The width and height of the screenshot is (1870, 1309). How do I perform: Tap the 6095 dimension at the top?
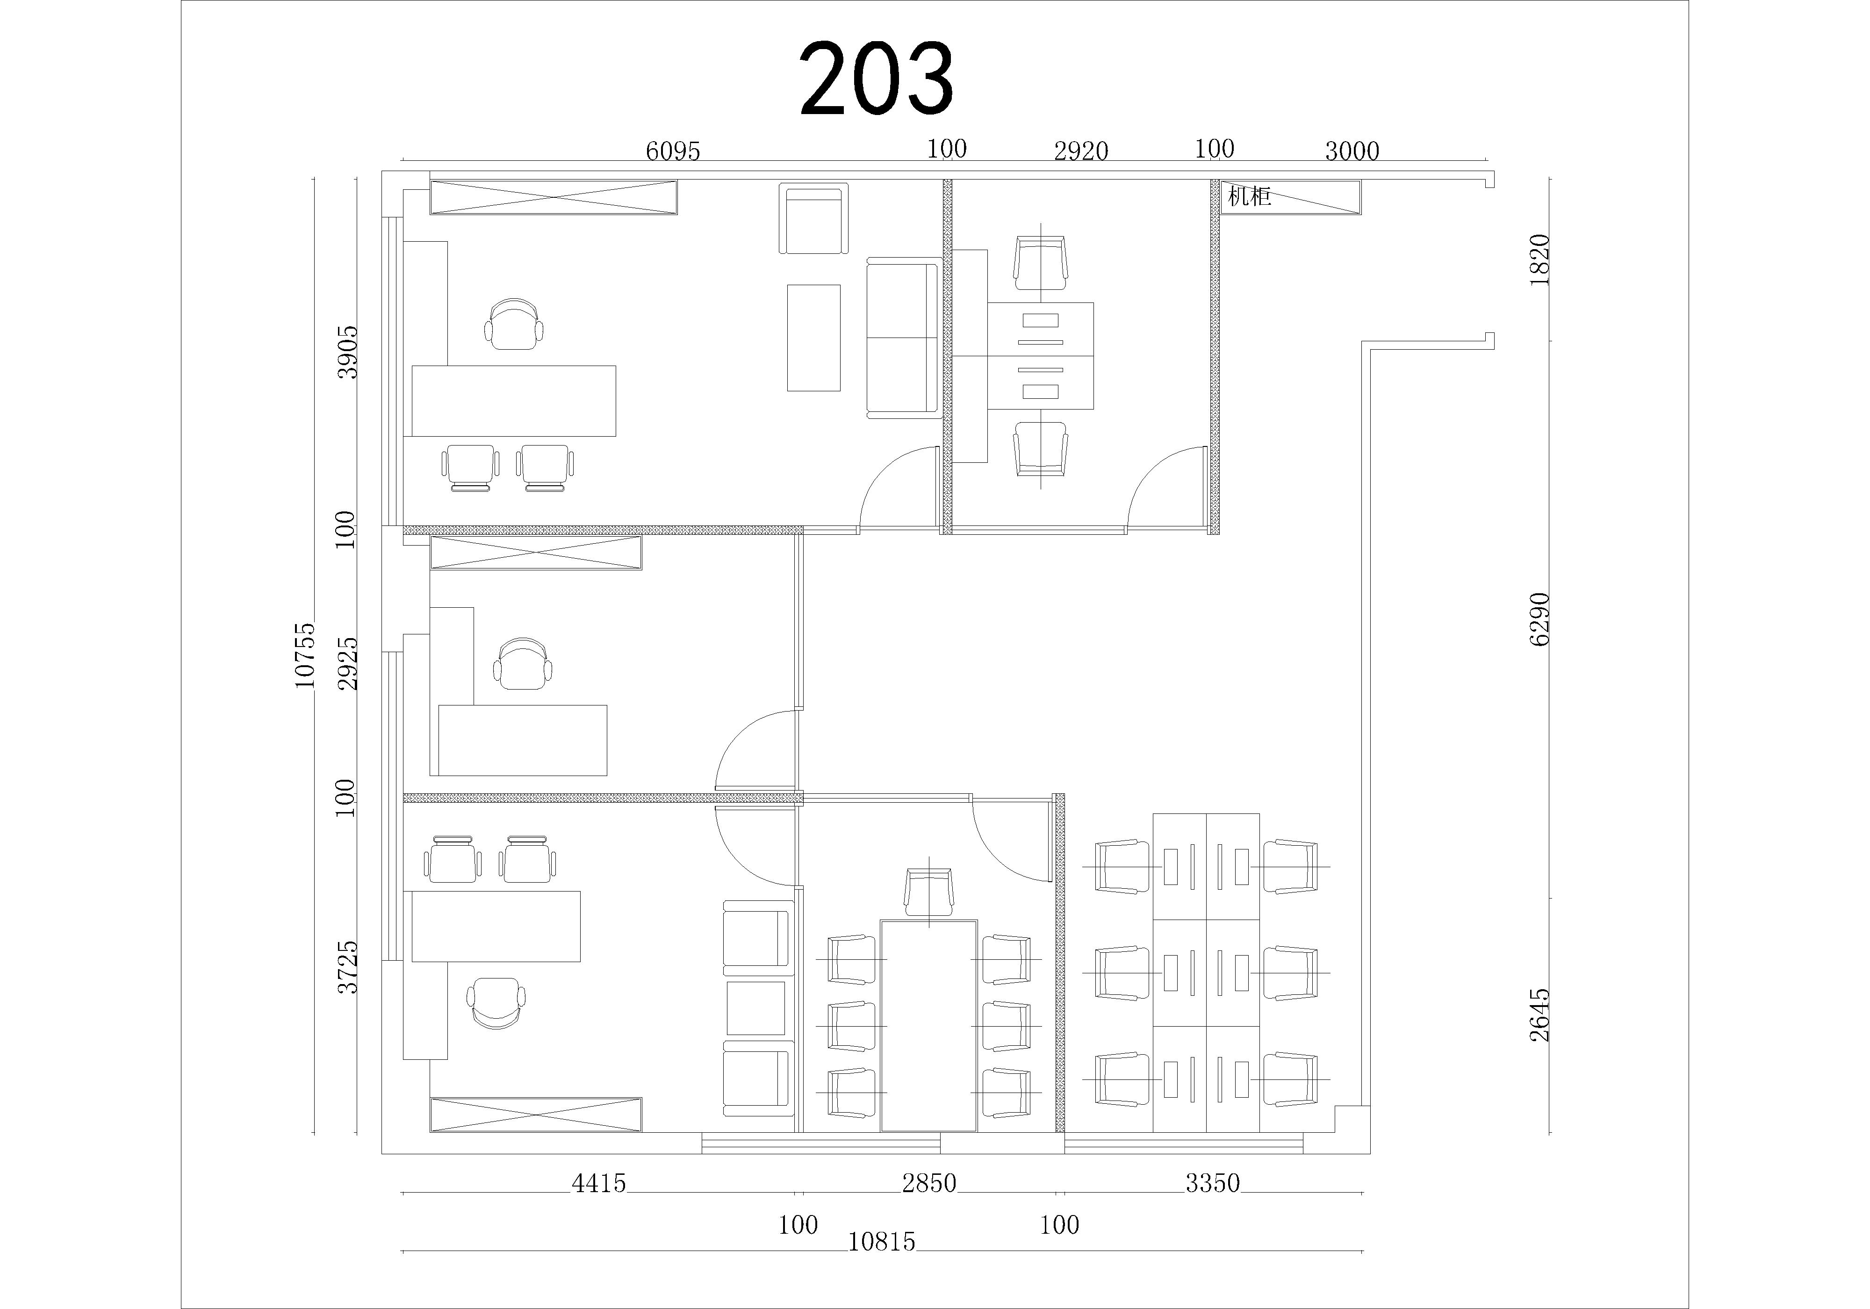click(673, 151)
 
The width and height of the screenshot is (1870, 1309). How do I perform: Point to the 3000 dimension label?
click(1352, 151)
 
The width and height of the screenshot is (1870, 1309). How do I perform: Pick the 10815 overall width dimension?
click(882, 1242)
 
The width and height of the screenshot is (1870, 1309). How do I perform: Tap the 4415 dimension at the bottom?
click(598, 1183)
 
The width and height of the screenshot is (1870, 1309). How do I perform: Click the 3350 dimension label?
click(1213, 1183)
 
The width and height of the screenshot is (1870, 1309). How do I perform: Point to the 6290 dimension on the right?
click(1539, 619)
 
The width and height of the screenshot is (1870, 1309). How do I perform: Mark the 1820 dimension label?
click(1539, 259)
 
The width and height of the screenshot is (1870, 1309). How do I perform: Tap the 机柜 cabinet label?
click(1249, 196)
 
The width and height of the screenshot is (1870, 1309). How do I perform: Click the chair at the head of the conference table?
click(928, 892)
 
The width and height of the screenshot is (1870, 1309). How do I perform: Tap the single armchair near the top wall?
click(813, 218)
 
